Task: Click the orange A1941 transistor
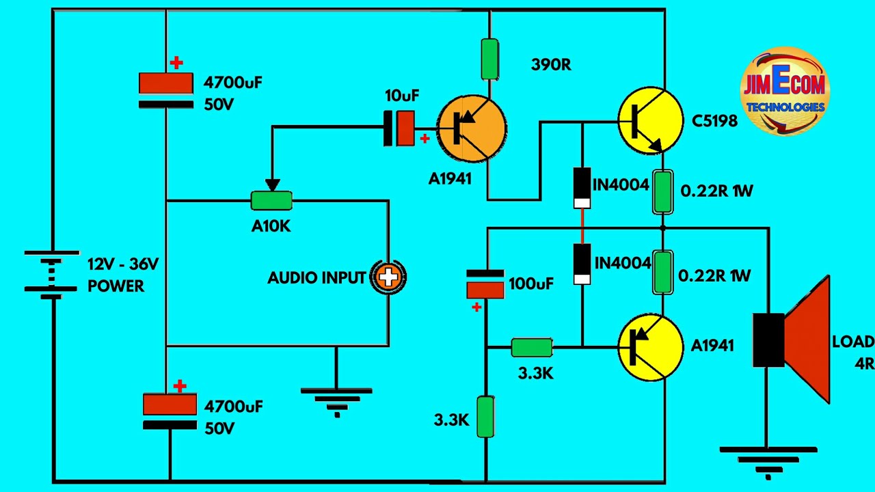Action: [472, 128]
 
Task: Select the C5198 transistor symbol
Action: [649, 120]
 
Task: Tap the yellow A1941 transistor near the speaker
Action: [649, 346]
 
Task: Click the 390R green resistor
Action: [489, 59]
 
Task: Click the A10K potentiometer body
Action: [271, 201]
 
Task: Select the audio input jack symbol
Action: [388, 277]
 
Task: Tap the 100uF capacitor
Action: [485, 284]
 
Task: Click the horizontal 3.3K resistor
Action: [532, 347]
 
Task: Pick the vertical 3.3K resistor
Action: [485, 416]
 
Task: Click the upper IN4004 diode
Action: [582, 187]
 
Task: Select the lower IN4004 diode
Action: [582, 263]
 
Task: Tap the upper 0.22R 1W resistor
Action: [662, 192]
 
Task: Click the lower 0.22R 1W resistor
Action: [662, 272]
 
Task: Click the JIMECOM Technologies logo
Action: [785, 91]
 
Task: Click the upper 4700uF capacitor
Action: [166, 90]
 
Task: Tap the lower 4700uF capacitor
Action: [170, 412]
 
